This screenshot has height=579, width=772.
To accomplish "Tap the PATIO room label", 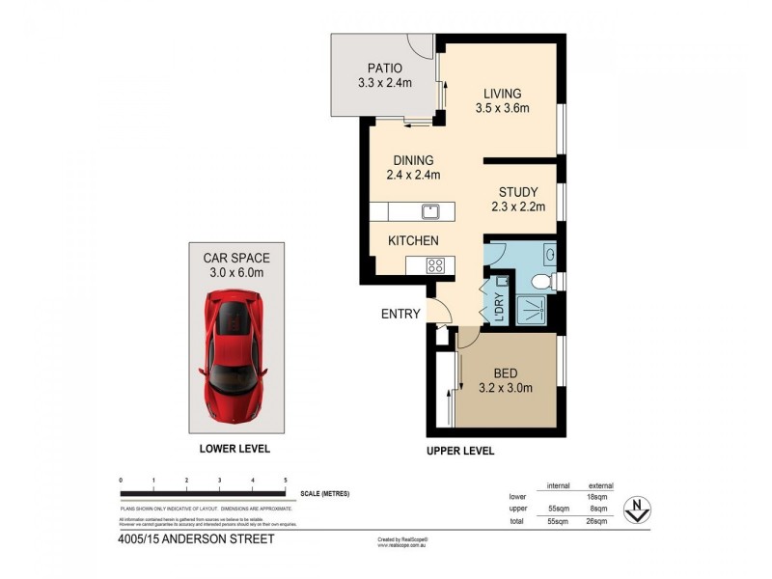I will coord(384,68).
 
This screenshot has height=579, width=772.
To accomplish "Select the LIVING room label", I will coord(502,94).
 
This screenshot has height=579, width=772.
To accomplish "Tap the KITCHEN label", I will coord(413,240).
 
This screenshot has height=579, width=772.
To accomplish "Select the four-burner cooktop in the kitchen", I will coord(435,266).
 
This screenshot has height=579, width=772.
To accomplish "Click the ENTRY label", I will coord(400,314).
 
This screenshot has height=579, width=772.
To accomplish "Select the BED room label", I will coord(506,374).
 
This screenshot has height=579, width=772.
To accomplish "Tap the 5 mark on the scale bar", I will coord(286,480).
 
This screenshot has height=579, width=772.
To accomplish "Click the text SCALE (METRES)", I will coord(325,493).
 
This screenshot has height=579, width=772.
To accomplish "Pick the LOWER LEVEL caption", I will coord(234,450).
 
